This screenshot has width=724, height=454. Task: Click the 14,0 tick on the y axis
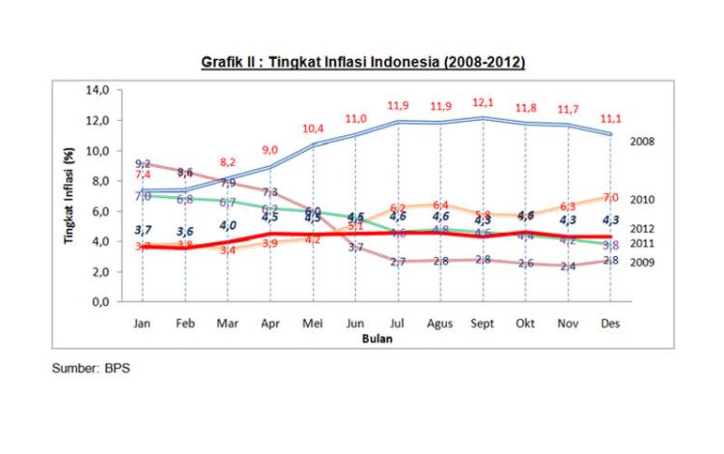(101, 91)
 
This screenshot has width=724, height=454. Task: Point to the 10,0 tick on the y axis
(101, 151)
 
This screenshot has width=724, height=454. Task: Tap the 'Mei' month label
(314, 323)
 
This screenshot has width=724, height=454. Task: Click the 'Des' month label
(609, 323)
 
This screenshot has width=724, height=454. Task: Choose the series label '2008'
(644, 141)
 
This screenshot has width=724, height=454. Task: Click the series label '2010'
(644, 199)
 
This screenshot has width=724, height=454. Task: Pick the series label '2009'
(644, 263)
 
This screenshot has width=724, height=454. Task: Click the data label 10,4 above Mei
(313, 128)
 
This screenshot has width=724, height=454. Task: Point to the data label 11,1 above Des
(611, 117)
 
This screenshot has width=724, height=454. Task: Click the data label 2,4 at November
(569, 266)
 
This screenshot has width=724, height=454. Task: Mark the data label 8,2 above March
(228, 162)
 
